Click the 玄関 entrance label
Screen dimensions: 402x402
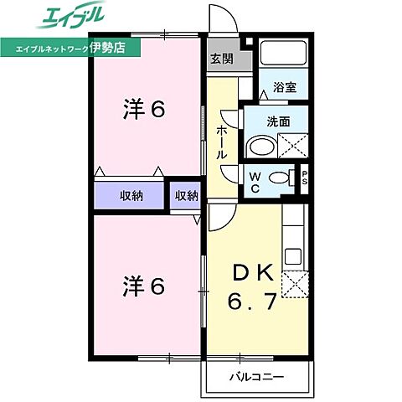pos(223,59)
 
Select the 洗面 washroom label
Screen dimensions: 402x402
pos(279,121)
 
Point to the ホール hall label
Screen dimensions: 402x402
pos(222,143)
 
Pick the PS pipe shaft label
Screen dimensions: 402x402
pos(305,178)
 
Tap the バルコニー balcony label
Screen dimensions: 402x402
pos(256,377)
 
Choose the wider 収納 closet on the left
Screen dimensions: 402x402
pos(130,196)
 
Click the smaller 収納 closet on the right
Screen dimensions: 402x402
pos(187,196)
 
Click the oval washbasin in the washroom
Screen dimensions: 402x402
pos(260,147)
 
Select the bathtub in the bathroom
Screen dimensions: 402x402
pos(283,55)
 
